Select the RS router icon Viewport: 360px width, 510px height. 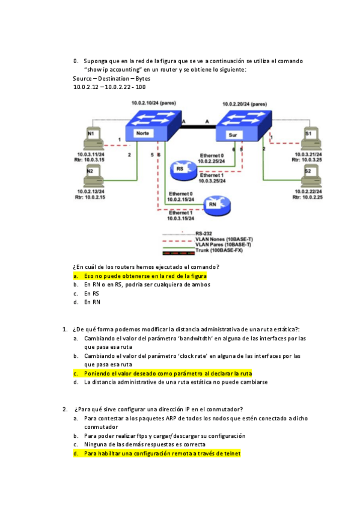coord(180,169)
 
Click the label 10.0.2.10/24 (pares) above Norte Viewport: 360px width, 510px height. coord(154,103)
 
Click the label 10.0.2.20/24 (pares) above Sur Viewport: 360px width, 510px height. coord(245,103)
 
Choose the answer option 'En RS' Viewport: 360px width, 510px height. coord(92,293)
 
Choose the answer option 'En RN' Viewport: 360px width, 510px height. coord(92,303)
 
